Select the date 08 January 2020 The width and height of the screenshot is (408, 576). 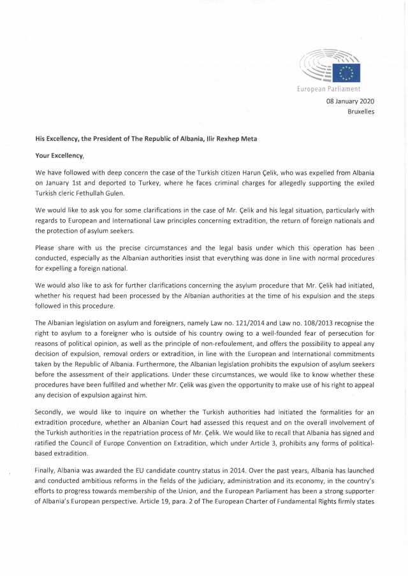351,102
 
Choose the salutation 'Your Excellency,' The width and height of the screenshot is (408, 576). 56,155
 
